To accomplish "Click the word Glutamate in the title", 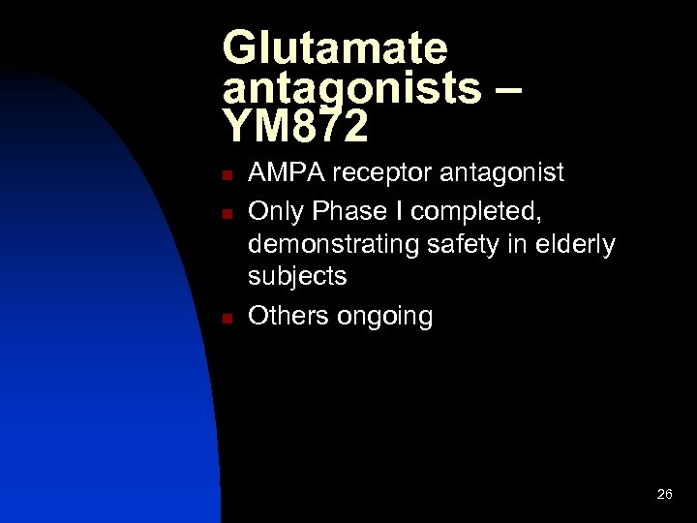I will [335, 49].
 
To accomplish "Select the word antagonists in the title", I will [351, 88].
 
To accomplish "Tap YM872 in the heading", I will [295, 125].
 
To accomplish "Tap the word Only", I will [274, 209].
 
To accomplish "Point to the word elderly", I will [577, 245].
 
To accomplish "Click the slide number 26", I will [664, 494].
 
